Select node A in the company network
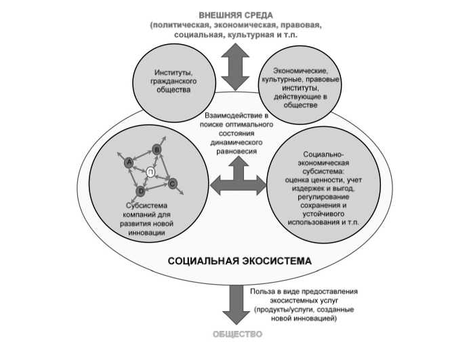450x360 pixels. pyautogui.click(x=127, y=162)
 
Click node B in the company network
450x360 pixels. pyautogui.click(x=157, y=149)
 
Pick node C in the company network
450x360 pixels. pyautogui.click(x=172, y=183)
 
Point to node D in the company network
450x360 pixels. pyautogui.click(x=142, y=193)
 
